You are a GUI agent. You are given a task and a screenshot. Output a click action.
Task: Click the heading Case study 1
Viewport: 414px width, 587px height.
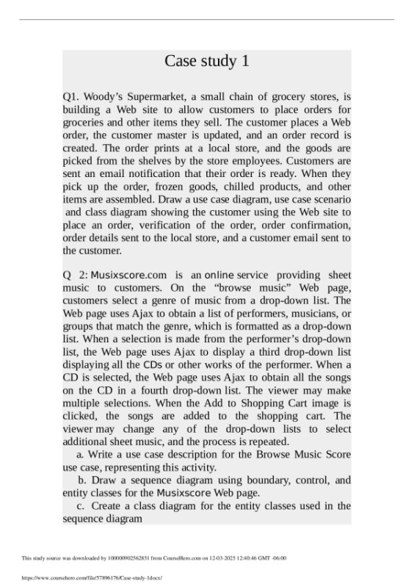coord(206,61)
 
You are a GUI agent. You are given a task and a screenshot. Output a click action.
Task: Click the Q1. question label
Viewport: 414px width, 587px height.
coord(72,96)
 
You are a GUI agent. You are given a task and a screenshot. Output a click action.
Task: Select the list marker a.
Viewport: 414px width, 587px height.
coord(79,454)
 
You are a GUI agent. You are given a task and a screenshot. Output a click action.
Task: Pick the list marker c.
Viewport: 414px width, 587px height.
coord(79,506)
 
